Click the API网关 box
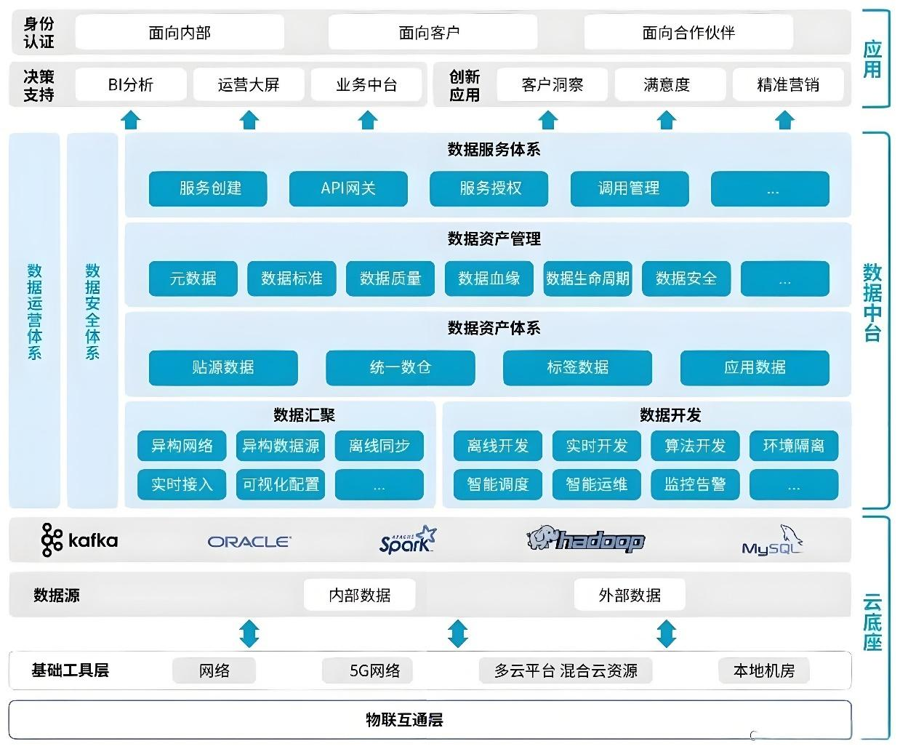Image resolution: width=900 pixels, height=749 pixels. coord(348,188)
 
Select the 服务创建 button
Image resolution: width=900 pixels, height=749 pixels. coord(208,188)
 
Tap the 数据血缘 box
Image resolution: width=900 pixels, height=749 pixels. coord(489,279)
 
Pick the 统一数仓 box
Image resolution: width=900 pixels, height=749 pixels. coord(401,368)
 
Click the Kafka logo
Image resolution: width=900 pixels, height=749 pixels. coord(79,540)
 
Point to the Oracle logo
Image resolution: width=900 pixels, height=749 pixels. coord(249,542)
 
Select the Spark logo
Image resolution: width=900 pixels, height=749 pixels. coord(408,540)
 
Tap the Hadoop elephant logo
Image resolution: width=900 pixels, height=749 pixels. coord(586,540)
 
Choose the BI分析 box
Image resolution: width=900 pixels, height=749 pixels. coord(131,85)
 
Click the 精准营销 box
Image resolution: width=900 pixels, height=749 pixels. coord(788,85)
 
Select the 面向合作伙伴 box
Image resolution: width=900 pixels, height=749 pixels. coord(688,33)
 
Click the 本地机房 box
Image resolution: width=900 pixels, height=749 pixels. coord(763,670)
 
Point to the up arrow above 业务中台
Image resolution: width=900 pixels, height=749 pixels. coord(368,119)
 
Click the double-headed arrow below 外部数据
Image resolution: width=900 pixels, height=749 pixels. coord(666,633)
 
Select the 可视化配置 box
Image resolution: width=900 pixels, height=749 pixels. coord(281,484)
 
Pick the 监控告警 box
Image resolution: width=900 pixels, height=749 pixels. coord(695,484)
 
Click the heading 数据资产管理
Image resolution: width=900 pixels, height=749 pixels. coord(494,239)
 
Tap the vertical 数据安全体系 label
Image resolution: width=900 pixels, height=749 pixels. coord(92,313)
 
